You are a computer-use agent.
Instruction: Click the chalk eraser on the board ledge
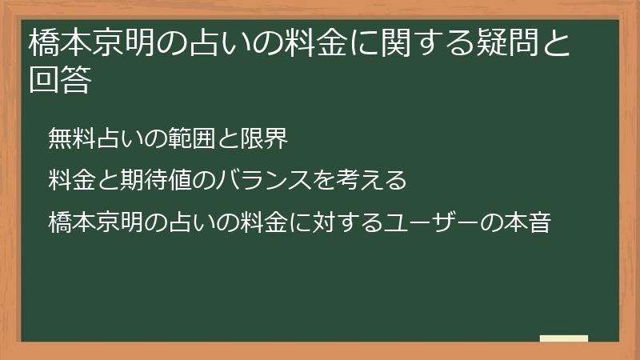click(x=563, y=338)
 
